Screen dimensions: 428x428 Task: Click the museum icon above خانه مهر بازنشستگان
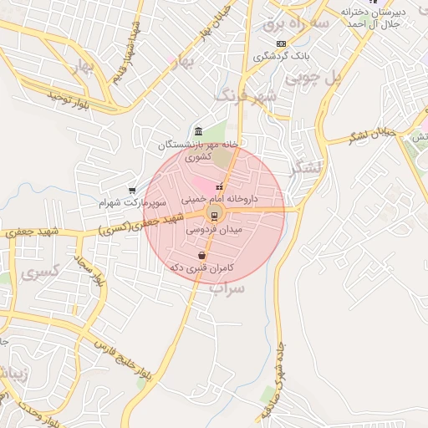[x=197, y=132]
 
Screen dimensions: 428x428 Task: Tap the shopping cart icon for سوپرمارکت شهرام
[x=132, y=191]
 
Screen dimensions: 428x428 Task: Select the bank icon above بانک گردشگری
[x=281, y=43]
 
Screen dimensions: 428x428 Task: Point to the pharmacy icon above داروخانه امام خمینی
[x=220, y=187]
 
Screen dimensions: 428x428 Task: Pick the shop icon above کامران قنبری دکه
[x=201, y=255]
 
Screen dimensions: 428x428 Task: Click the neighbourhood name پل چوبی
[x=314, y=78]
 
